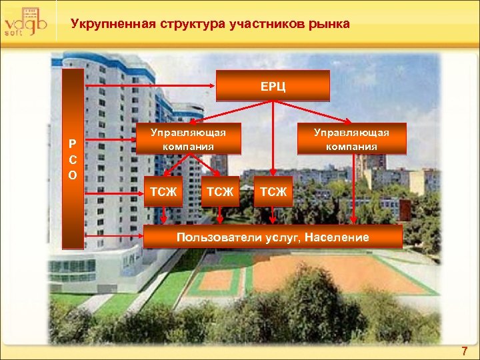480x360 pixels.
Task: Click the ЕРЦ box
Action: pyautogui.click(x=274, y=87)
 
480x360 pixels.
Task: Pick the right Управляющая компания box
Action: pyautogui.click(x=351, y=139)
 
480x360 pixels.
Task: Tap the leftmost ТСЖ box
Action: pyautogui.click(x=163, y=192)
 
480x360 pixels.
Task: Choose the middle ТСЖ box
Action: pyautogui.click(x=220, y=192)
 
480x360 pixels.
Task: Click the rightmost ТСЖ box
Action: pyautogui.click(x=273, y=192)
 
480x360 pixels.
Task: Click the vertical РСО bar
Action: pyautogui.click(x=73, y=159)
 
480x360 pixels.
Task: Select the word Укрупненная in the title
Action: pyautogui.click(x=112, y=25)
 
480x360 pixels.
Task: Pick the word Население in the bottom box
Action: pyautogui.click(x=338, y=237)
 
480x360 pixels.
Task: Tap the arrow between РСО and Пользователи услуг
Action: pyautogui.click(x=114, y=237)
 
